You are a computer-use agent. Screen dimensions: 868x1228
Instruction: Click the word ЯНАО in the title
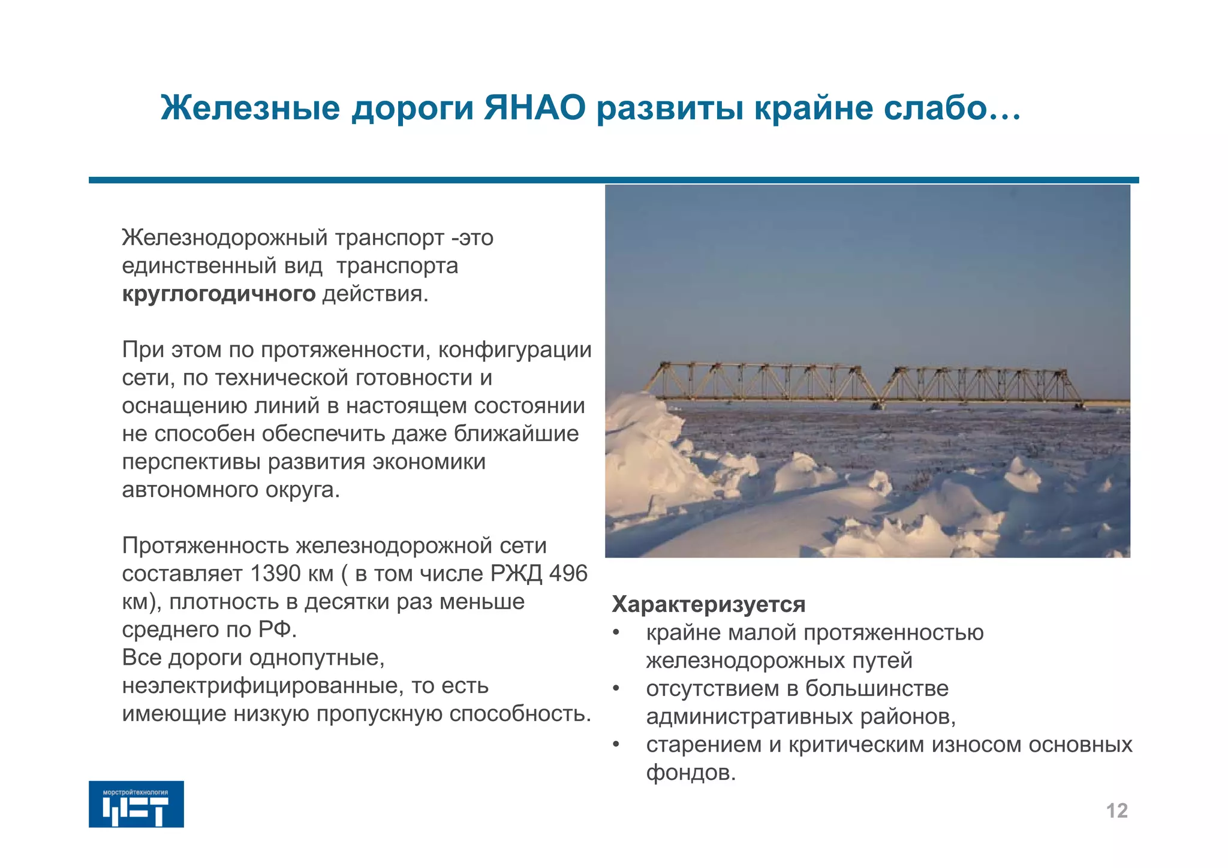tap(534, 108)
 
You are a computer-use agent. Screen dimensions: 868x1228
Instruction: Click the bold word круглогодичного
tap(218, 294)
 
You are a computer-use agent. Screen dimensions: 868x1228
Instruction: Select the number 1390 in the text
tap(275, 574)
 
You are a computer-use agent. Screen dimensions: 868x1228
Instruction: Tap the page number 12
tap(1116, 810)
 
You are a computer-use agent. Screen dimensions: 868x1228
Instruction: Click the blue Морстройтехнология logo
tap(136, 804)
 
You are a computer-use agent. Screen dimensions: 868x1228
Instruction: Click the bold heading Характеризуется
tap(708, 604)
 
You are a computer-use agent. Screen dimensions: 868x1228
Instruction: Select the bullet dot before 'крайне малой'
tap(616, 633)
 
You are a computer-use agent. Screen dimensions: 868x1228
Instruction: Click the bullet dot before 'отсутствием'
tap(616, 689)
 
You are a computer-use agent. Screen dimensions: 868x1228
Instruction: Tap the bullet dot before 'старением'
tap(616, 745)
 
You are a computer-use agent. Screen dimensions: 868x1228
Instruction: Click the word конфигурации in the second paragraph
tap(514, 349)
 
